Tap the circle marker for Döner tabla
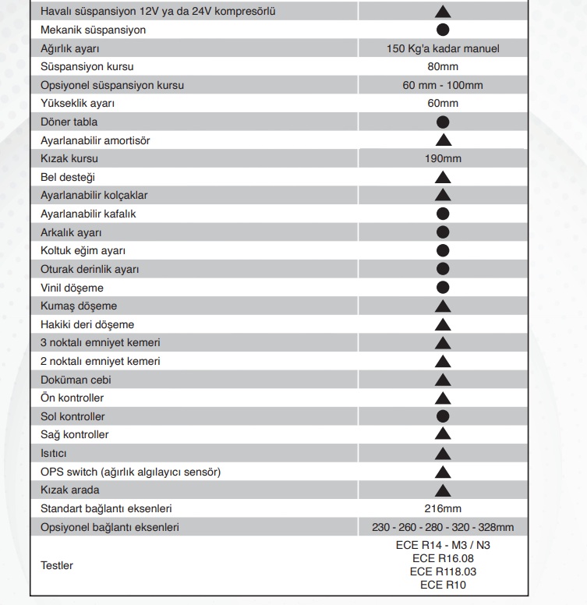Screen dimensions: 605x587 (443, 122)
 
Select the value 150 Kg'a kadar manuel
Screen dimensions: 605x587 (443, 48)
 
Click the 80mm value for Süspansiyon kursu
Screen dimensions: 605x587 (443, 67)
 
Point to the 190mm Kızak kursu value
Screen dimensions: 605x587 (443, 158)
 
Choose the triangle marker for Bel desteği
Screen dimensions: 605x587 (443, 177)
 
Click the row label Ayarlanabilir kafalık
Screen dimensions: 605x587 (94, 214)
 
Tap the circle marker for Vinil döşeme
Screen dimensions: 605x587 (443, 288)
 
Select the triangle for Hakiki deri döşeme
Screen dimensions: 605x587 (443, 324)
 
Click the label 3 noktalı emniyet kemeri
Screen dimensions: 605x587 (101, 343)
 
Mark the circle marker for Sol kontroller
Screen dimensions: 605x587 (443, 416)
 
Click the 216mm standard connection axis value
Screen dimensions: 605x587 (443, 508)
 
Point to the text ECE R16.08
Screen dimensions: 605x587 (443, 558)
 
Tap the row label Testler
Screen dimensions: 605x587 (57, 565)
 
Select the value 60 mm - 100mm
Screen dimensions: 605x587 (443, 85)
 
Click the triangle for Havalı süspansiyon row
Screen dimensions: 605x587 (443, 12)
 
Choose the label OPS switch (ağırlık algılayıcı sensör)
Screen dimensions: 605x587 (130, 472)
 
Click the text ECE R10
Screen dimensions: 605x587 (443, 584)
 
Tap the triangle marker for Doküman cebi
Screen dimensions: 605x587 (443, 380)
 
